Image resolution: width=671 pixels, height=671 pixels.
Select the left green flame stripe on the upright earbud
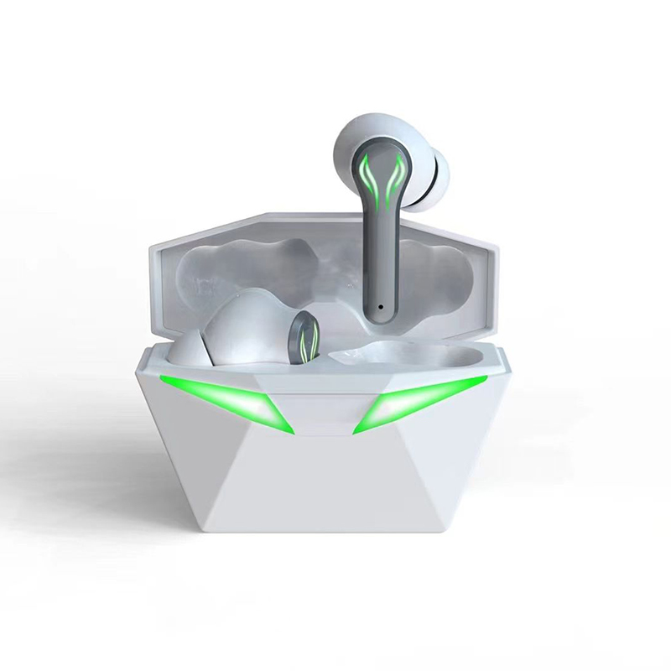tap(375, 176)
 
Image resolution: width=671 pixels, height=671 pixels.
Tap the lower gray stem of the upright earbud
tap(382, 277)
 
